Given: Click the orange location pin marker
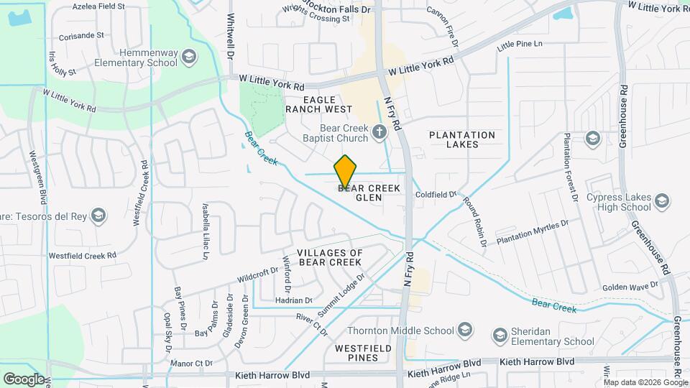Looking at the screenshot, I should [x=345, y=171].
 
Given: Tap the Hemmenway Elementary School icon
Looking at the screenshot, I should [x=188, y=57].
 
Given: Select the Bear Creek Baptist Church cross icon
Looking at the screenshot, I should [x=380, y=131].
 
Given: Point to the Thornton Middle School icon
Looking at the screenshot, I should [x=465, y=331].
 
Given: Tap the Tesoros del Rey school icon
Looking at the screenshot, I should [x=99, y=215].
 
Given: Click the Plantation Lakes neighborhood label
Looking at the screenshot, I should [x=462, y=139].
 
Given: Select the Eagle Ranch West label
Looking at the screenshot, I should [x=318, y=103].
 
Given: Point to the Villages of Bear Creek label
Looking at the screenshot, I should [x=330, y=257].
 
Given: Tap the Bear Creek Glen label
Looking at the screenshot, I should [x=369, y=193].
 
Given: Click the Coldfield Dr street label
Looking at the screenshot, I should [x=436, y=195].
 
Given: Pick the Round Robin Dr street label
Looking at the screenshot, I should [x=476, y=223].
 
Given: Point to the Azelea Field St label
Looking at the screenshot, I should [x=98, y=6].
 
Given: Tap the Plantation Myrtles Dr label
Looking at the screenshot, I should [x=533, y=231].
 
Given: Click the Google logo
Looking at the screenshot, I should [x=24, y=379].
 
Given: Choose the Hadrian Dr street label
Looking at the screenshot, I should [x=294, y=300].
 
